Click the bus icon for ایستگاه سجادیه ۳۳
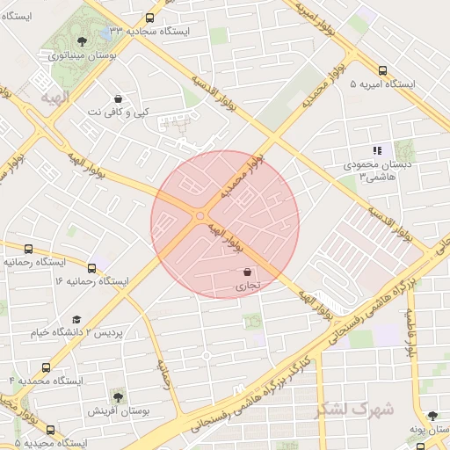click(x=149, y=18)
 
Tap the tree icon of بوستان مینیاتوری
click(x=82, y=40)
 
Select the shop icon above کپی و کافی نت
click(x=119, y=98)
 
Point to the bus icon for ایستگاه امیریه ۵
click(x=382, y=71)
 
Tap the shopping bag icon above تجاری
click(x=247, y=272)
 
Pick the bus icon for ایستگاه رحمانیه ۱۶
click(x=92, y=267)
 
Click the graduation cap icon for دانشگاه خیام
click(x=76, y=320)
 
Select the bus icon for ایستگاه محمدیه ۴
click(x=46, y=367)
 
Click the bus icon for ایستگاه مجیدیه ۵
click(x=51, y=431)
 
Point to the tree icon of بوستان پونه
click(x=432, y=416)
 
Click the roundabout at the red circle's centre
click(x=201, y=215)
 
